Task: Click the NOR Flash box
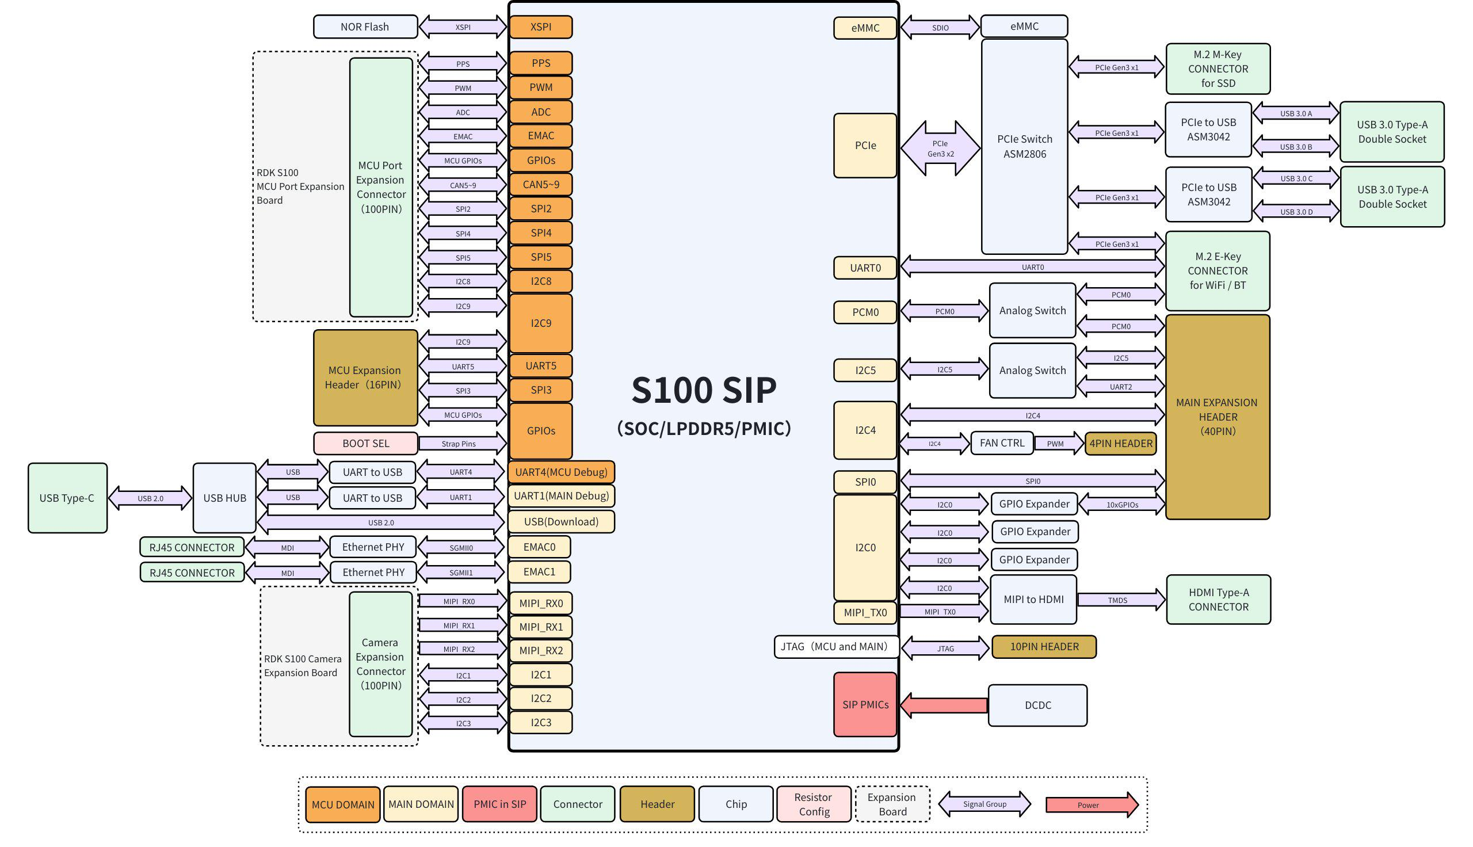pos(365,27)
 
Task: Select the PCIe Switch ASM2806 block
pos(1024,147)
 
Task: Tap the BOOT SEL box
pos(365,443)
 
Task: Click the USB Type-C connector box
pos(67,498)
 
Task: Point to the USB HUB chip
pos(224,498)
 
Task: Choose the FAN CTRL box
pos(1001,443)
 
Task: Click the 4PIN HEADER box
pos(1121,444)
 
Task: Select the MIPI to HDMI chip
pos(1033,600)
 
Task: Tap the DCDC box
pos(1037,705)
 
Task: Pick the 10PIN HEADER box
pos(1044,647)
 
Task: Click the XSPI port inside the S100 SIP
pos(541,27)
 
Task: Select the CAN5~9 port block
pos(541,184)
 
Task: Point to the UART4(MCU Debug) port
pos(560,472)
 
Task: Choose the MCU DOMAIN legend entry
pos(342,804)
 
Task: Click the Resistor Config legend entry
pos(814,804)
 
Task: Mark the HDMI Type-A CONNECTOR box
pos(1218,600)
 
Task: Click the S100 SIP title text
pos(704,390)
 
